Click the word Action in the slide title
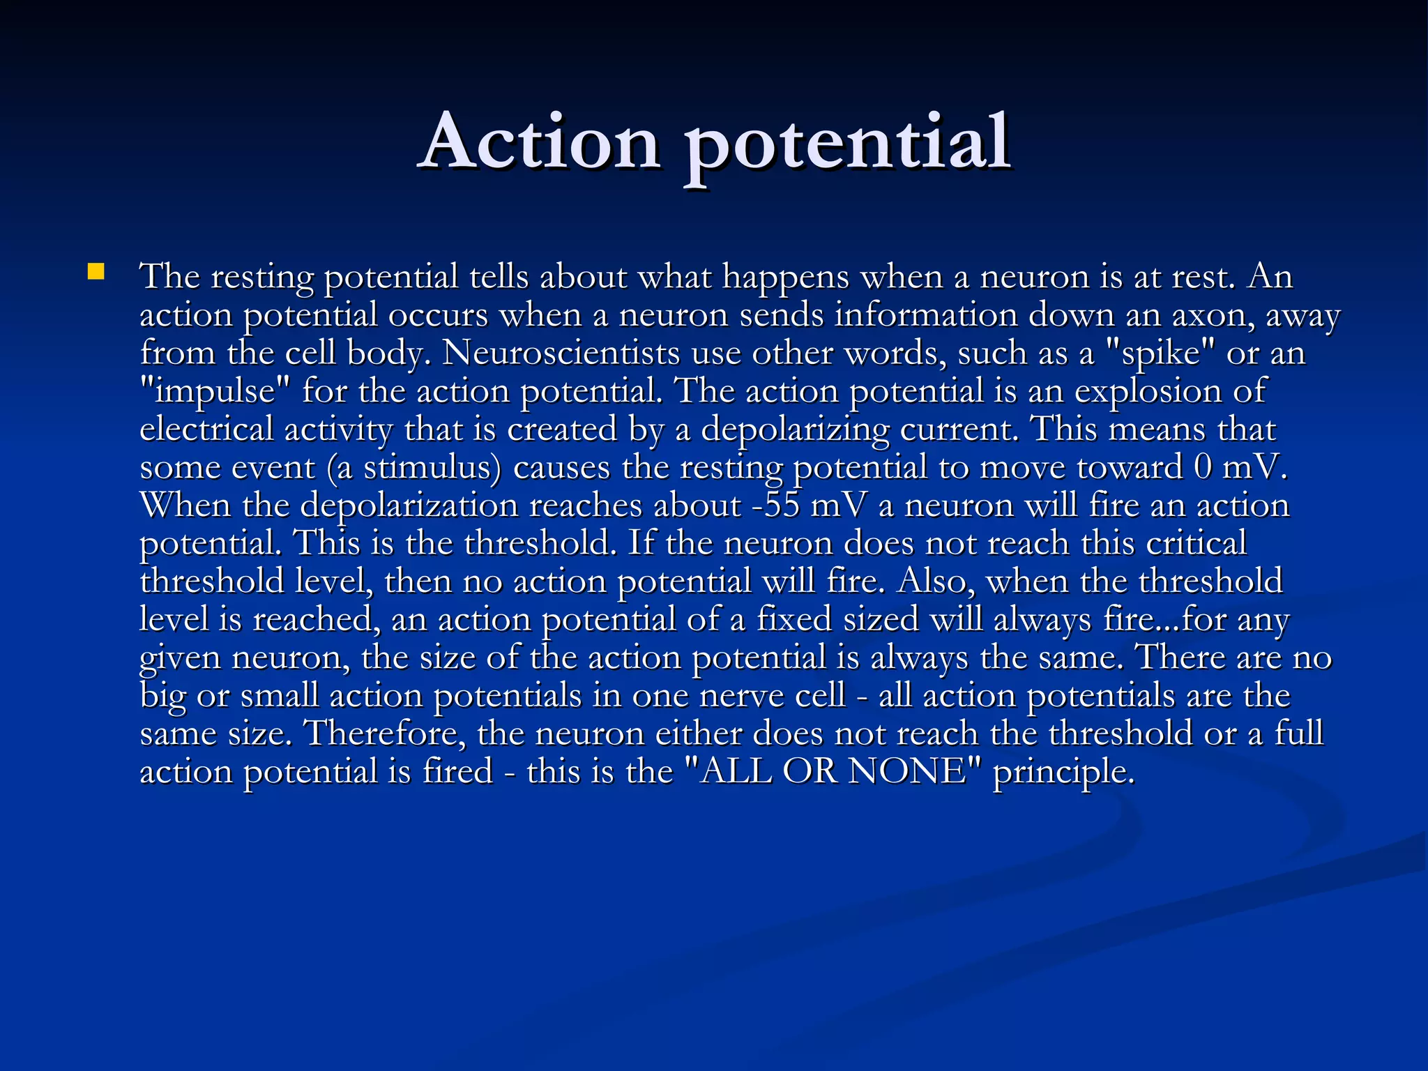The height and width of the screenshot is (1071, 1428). coord(540,143)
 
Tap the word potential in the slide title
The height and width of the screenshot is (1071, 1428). coord(848,146)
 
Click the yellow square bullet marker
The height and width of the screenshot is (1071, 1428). coord(96,271)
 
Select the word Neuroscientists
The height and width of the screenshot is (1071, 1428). coord(561,353)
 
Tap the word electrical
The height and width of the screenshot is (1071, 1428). coord(206,429)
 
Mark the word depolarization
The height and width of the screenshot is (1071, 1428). coord(409,506)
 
